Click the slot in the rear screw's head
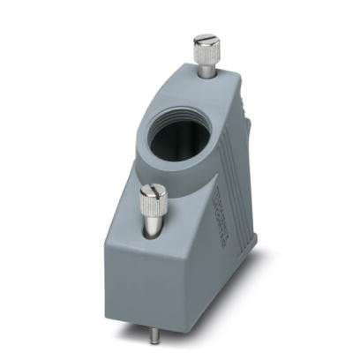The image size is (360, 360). point(206,41)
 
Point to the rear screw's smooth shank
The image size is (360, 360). point(206,72)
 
